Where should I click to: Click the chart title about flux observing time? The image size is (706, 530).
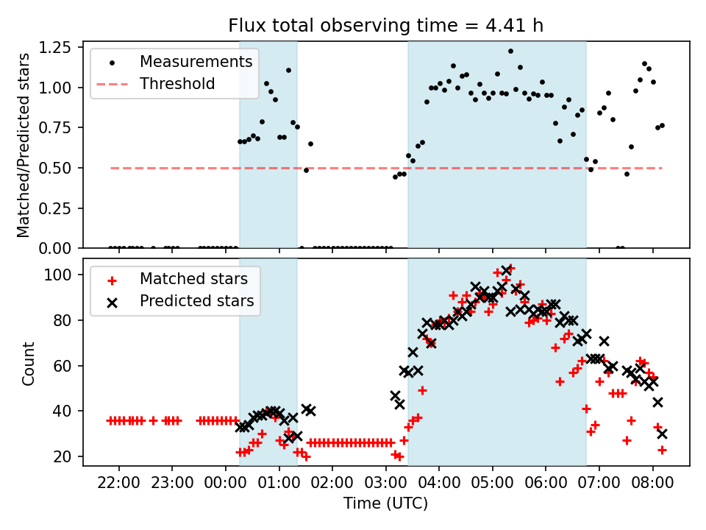click(386, 26)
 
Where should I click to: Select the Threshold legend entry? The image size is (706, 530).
click(177, 84)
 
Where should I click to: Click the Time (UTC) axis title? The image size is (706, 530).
click(385, 504)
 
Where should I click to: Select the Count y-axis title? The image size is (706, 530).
click(29, 363)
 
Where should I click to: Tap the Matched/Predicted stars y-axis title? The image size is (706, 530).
click(24, 145)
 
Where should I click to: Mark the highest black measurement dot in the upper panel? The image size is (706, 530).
click(510, 52)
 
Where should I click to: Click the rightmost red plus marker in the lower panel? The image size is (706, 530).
click(662, 449)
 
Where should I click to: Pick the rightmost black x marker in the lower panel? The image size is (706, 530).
click(662, 434)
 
